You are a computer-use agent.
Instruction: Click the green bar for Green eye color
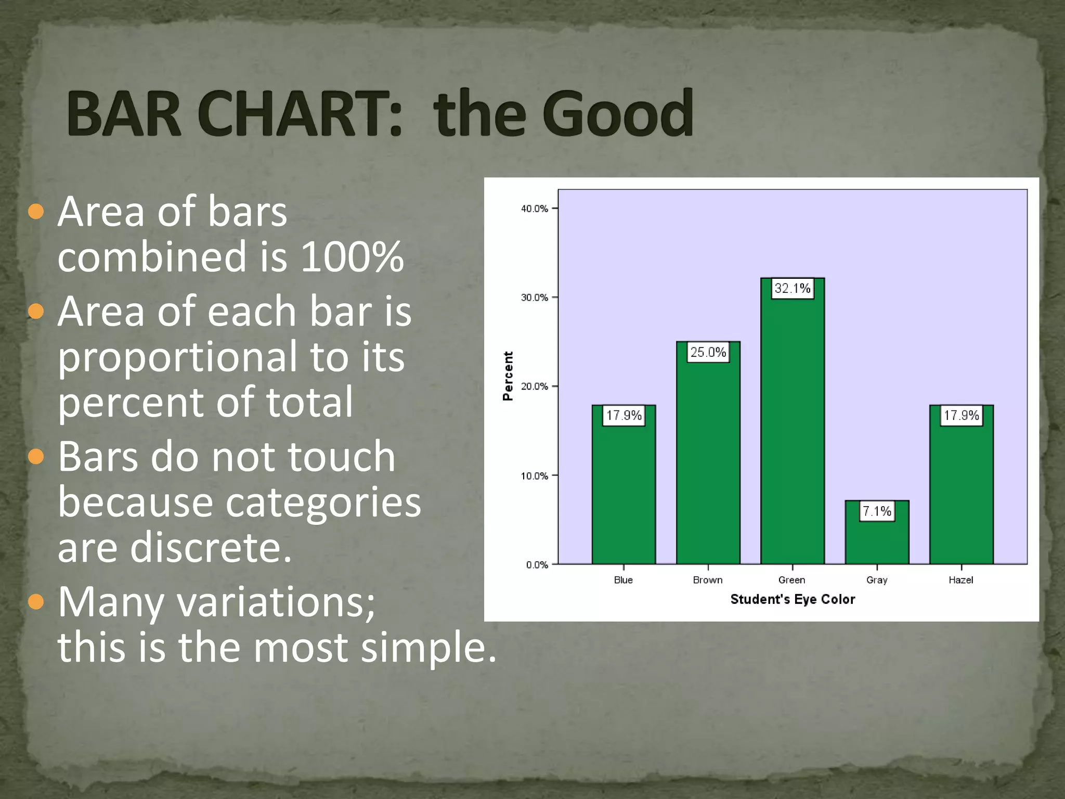tap(792, 432)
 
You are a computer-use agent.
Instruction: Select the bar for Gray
tap(877, 541)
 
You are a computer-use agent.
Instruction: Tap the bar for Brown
tap(708, 463)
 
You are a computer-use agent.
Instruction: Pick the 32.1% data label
tap(792, 288)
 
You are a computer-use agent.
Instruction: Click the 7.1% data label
tap(877, 511)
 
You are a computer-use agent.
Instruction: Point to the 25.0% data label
tap(708, 352)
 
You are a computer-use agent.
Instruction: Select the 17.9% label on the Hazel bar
tap(961, 415)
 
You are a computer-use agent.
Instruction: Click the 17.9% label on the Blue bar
tap(624, 415)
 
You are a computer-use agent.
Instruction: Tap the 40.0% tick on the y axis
tap(534, 209)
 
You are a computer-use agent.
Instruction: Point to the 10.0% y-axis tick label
tap(534, 475)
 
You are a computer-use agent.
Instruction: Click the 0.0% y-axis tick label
tap(537, 564)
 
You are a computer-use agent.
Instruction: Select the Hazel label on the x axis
tap(960, 579)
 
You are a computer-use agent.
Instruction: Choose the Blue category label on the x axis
tap(623, 579)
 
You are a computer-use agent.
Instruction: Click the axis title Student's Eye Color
tap(792, 599)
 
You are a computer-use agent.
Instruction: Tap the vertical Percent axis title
tap(508, 376)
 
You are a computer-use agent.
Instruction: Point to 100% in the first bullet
tap(352, 256)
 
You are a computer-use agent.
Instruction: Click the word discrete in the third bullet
tap(211, 547)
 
